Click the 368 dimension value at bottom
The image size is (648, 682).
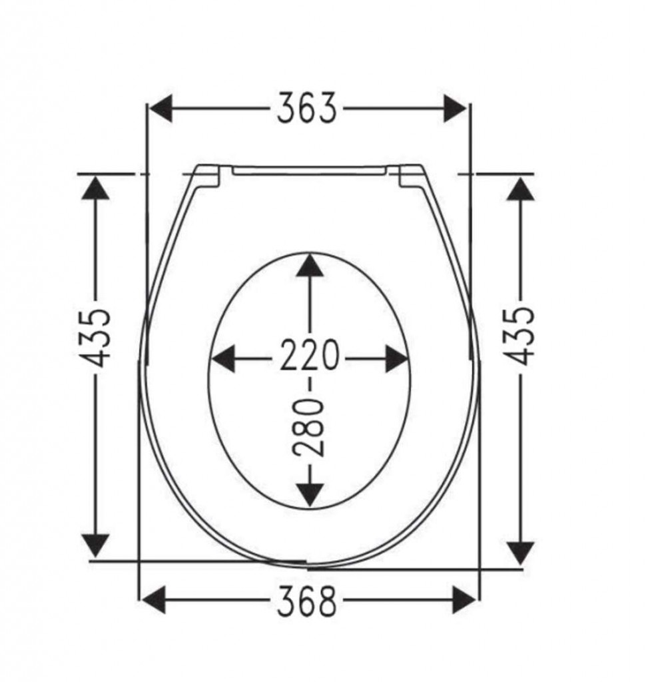[307, 601]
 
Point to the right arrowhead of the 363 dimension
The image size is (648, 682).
[455, 108]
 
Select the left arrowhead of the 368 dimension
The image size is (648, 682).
[154, 600]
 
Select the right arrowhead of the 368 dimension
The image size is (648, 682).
[464, 600]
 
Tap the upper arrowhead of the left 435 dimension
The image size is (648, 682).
[97, 188]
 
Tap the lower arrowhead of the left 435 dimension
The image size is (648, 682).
[97, 545]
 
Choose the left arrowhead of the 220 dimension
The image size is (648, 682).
[224, 359]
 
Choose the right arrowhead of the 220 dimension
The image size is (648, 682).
[396, 359]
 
